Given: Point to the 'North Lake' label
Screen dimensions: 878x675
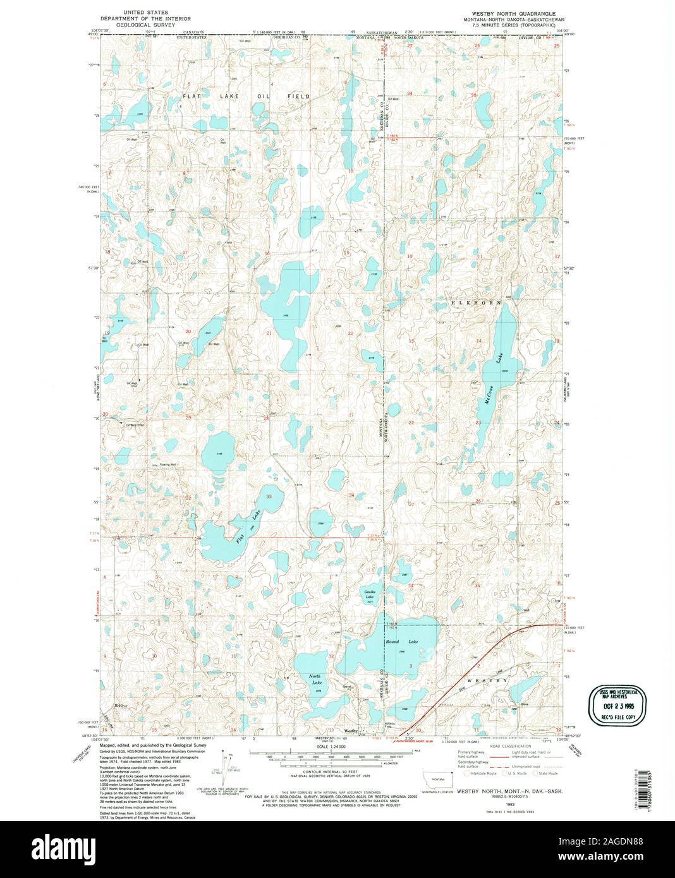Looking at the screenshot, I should click(315, 680).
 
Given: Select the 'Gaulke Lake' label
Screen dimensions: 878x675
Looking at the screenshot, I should click(370, 594).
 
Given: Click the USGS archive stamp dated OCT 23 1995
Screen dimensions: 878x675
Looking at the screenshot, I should click(618, 705).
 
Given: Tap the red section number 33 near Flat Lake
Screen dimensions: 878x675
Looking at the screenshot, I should click(269, 497).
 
